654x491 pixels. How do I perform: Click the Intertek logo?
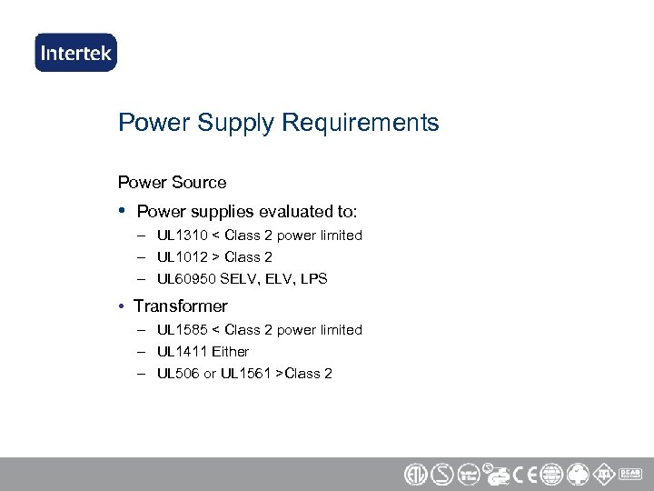point(76,53)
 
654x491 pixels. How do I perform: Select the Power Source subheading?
point(173,182)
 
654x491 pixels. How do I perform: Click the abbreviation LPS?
point(313,279)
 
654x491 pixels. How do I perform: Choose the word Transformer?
point(181,306)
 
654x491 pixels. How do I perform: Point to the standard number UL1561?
point(249,374)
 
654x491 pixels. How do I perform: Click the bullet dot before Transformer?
point(123,306)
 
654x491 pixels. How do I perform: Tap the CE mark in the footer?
point(524,475)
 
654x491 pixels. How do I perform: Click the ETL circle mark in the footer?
point(414,475)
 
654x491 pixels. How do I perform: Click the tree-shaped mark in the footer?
point(578,475)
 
